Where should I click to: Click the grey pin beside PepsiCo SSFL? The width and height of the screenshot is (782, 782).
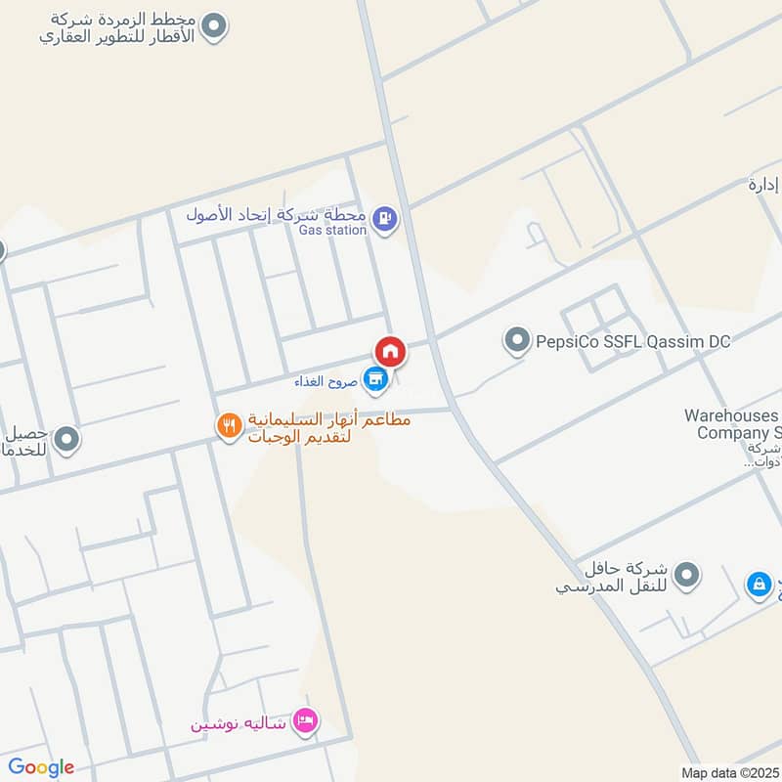[x=515, y=341]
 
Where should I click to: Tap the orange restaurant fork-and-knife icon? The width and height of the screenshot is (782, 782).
[x=229, y=426]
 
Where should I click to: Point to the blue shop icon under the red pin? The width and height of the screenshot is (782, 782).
[x=374, y=377]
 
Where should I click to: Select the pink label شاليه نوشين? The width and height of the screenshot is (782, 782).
[x=239, y=724]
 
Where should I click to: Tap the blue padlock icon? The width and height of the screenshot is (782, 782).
[x=758, y=585]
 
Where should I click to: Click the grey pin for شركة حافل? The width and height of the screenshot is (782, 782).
[x=687, y=576]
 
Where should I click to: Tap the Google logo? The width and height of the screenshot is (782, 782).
[x=41, y=767]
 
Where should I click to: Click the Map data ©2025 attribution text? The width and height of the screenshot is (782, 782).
[x=730, y=772]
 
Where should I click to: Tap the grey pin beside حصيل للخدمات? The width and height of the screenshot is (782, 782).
[x=66, y=441]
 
